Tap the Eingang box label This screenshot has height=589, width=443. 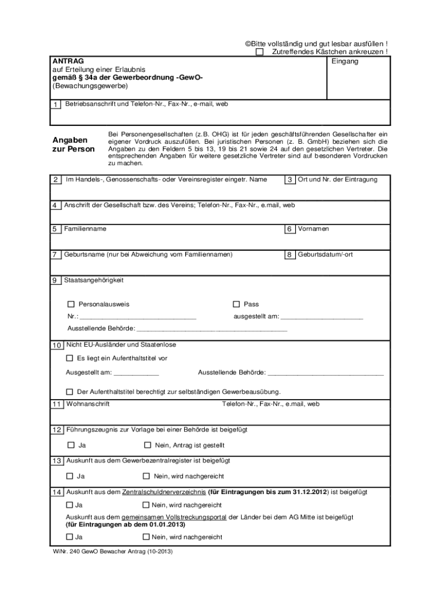point(345,61)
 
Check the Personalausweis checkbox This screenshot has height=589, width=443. point(71,304)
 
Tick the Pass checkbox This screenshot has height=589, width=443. point(236,304)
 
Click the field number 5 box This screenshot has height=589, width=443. point(56,230)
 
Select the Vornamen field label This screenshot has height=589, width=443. point(314,229)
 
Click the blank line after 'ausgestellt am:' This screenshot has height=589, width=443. point(321,317)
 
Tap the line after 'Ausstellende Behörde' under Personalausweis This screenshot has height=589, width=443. point(212,330)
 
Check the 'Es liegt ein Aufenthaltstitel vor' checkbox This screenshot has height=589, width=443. point(70,358)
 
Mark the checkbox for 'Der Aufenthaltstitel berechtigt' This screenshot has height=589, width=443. point(70,392)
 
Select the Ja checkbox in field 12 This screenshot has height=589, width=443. point(71,445)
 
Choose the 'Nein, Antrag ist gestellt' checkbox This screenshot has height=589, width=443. point(147,445)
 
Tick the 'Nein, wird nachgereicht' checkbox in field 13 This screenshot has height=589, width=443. point(146,476)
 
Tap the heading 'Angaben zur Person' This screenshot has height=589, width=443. point(74,145)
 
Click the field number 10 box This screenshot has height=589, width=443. point(56,346)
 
